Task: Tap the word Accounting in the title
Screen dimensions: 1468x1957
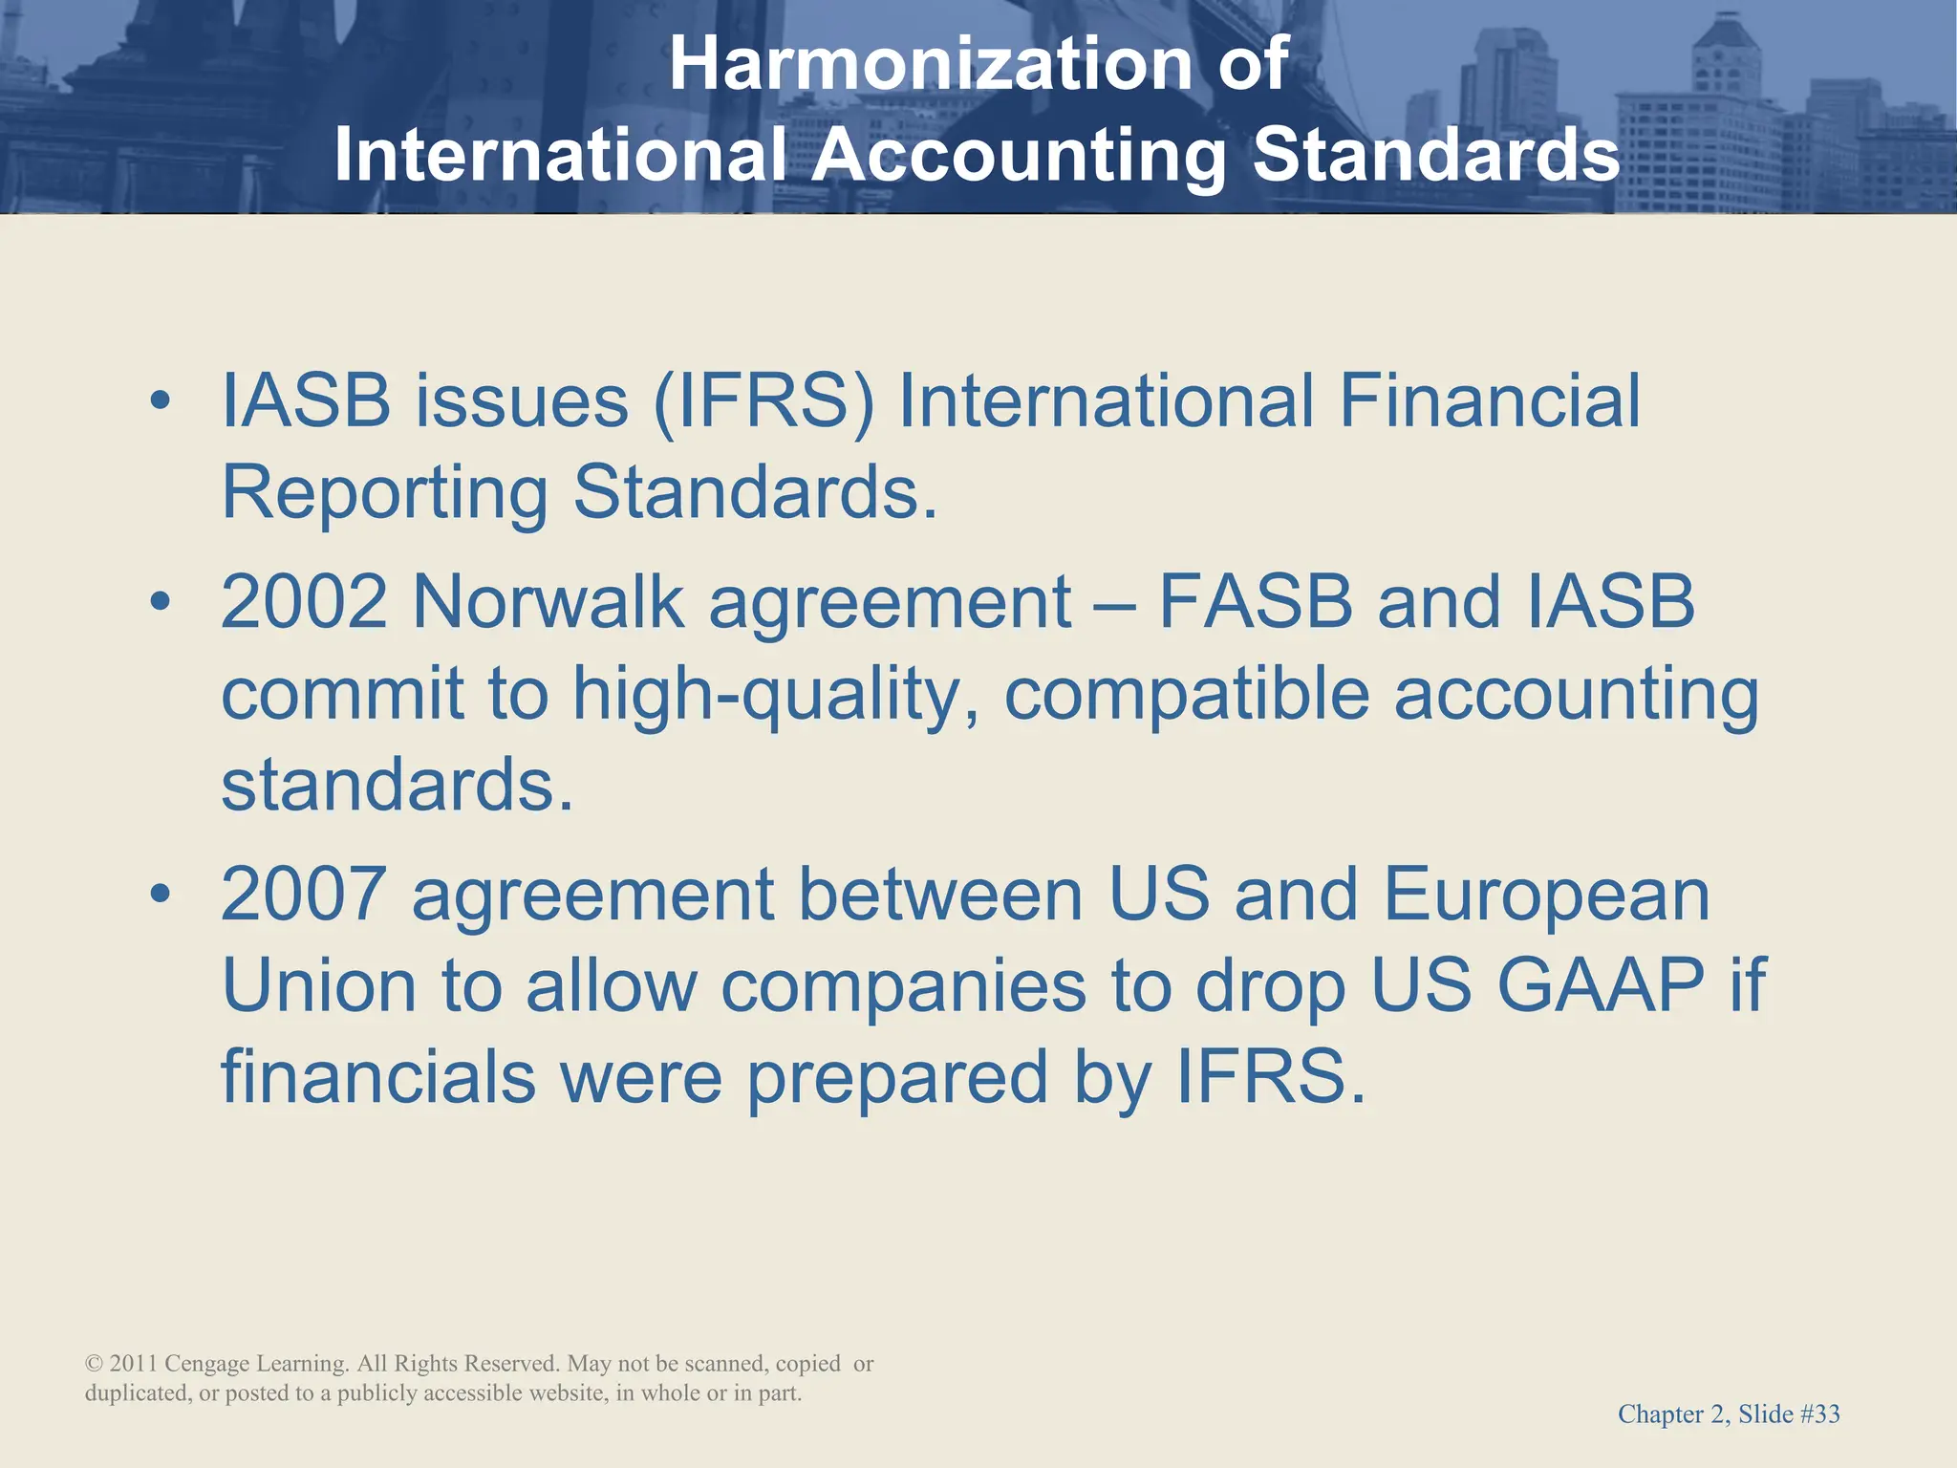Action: (1019, 155)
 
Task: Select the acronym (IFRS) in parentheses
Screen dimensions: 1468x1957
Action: (763, 401)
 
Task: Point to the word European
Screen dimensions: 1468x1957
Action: (1545, 896)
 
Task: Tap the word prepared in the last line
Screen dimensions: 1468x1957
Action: (897, 1078)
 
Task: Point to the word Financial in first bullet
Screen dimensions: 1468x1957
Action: (1489, 401)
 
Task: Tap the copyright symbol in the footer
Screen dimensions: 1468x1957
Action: (94, 1365)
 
